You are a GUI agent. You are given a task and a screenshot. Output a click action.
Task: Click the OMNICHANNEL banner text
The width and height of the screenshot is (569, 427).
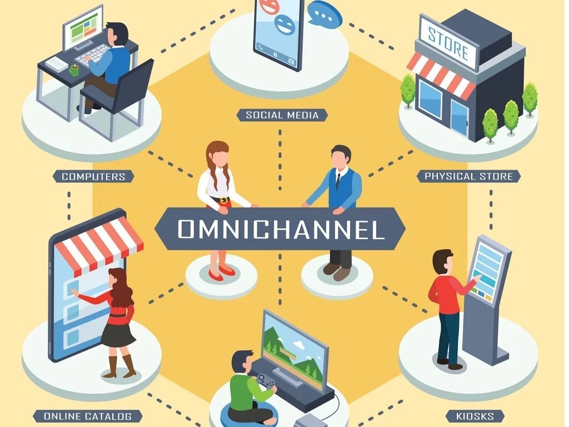281,229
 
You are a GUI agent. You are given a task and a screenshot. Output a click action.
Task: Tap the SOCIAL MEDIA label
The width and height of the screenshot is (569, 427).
282,115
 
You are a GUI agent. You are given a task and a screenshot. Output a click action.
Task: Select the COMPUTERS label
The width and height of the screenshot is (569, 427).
93,176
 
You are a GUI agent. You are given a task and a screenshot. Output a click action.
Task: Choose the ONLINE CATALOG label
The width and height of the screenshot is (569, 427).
88,416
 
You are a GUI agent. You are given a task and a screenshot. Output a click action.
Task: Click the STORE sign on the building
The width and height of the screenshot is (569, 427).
448,44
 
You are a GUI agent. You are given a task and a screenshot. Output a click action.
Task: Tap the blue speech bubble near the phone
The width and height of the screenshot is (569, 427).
325,14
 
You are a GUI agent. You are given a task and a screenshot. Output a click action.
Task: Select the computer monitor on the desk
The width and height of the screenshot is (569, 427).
83,28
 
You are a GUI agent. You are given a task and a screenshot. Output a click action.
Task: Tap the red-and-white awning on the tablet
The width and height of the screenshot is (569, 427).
100,245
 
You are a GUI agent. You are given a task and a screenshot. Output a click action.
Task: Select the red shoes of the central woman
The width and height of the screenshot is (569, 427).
219,272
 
